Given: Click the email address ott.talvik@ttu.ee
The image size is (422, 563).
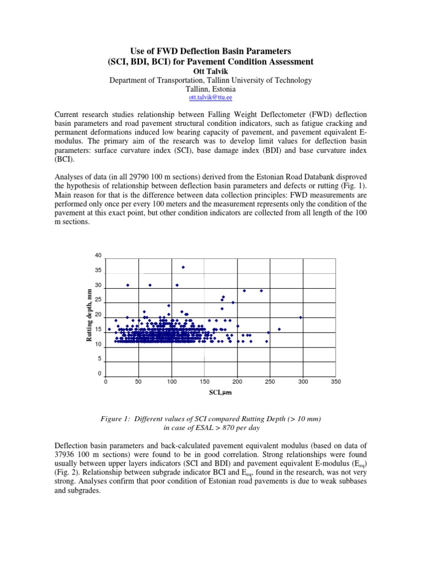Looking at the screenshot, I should click(x=210, y=97).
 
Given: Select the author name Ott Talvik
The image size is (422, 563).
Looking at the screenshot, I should click(x=210, y=71).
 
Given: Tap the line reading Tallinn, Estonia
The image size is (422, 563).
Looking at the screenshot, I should click(x=210, y=89).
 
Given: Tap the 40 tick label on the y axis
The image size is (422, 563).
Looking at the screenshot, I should click(x=98, y=256).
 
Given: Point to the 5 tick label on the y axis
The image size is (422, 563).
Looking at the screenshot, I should click(x=99, y=359).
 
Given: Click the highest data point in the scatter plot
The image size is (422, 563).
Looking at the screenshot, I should click(x=183, y=267).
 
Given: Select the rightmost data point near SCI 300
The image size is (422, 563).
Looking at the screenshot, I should click(x=301, y=317).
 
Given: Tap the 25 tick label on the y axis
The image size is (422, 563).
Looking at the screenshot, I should click(x=98, y=300).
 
